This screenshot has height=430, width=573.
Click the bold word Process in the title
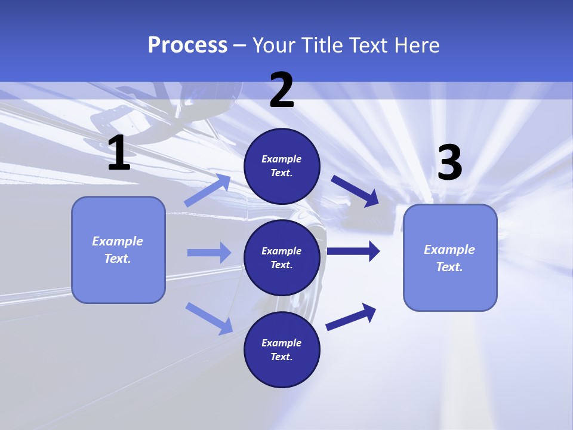coord(187,45)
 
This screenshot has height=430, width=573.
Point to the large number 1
coord(119,154)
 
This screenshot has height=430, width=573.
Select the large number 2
coord(282,91)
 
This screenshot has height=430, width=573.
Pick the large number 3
coord(449,163)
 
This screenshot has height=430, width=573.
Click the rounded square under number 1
coord(118,250)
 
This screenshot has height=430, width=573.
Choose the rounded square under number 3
coord(450,257)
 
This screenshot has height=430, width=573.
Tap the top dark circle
coord(282,166)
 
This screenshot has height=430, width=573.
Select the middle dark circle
coord(282,257)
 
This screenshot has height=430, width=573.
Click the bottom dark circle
coord(282,349)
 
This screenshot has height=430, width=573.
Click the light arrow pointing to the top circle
coord(207,191)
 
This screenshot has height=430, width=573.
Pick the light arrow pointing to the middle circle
coord(209,253)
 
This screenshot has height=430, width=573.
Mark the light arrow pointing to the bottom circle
coord(209,318)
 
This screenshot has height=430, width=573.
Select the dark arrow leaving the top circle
coord(355,191)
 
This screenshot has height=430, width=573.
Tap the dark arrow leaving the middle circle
coord(353,251)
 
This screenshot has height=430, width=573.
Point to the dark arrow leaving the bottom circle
coord(351,317)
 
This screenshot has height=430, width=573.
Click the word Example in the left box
coord(118,241)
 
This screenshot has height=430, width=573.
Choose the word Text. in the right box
coord(449,267)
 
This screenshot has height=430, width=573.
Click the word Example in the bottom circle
coord(281,343)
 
